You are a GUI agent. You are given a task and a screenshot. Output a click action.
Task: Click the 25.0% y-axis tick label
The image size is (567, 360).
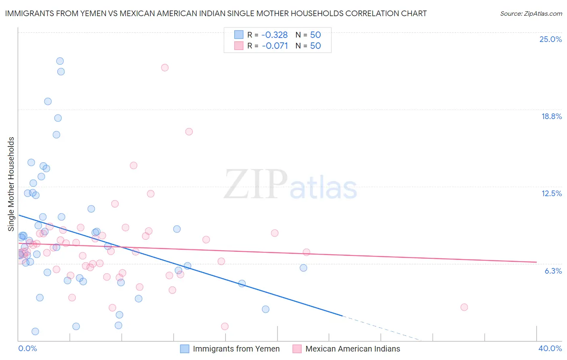[x=550, y=39]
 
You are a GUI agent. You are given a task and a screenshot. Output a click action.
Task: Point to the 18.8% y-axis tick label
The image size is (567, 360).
[x=551, y=116]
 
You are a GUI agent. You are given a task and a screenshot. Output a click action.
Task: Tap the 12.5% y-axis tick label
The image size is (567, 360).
[x=551, y=193]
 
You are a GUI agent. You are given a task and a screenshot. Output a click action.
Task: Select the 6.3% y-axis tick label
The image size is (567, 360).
[x=553, y=271]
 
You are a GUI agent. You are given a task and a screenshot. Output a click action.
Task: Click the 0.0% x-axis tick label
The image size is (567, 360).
[x=27, y=348]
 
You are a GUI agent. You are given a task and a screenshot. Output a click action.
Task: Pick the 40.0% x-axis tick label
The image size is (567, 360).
[x=550, y=348]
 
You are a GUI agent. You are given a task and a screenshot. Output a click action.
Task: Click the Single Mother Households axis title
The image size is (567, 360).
[x=11, y=184]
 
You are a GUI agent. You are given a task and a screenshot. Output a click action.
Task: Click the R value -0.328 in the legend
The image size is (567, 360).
[x=275, y=35]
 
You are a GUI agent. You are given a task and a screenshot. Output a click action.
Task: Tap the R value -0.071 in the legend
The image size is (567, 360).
[x=275, y=46]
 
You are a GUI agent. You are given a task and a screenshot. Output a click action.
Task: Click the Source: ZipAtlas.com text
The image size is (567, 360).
[x=531, y=14]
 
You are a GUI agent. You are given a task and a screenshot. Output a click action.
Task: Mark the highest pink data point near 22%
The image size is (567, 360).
[x=165, y=67]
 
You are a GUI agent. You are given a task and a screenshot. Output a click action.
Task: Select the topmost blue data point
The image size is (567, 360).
[x=60, y=61]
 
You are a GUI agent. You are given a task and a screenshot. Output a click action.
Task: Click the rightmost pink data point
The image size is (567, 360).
[x=464, y=307]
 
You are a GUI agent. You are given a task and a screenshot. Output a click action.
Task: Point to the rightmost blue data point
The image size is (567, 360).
[x=303, y=268]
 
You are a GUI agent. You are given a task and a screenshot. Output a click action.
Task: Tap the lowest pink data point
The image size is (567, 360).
[x=225, y=326]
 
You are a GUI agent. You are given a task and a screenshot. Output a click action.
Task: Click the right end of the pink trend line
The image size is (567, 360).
[x=536, y=262]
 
